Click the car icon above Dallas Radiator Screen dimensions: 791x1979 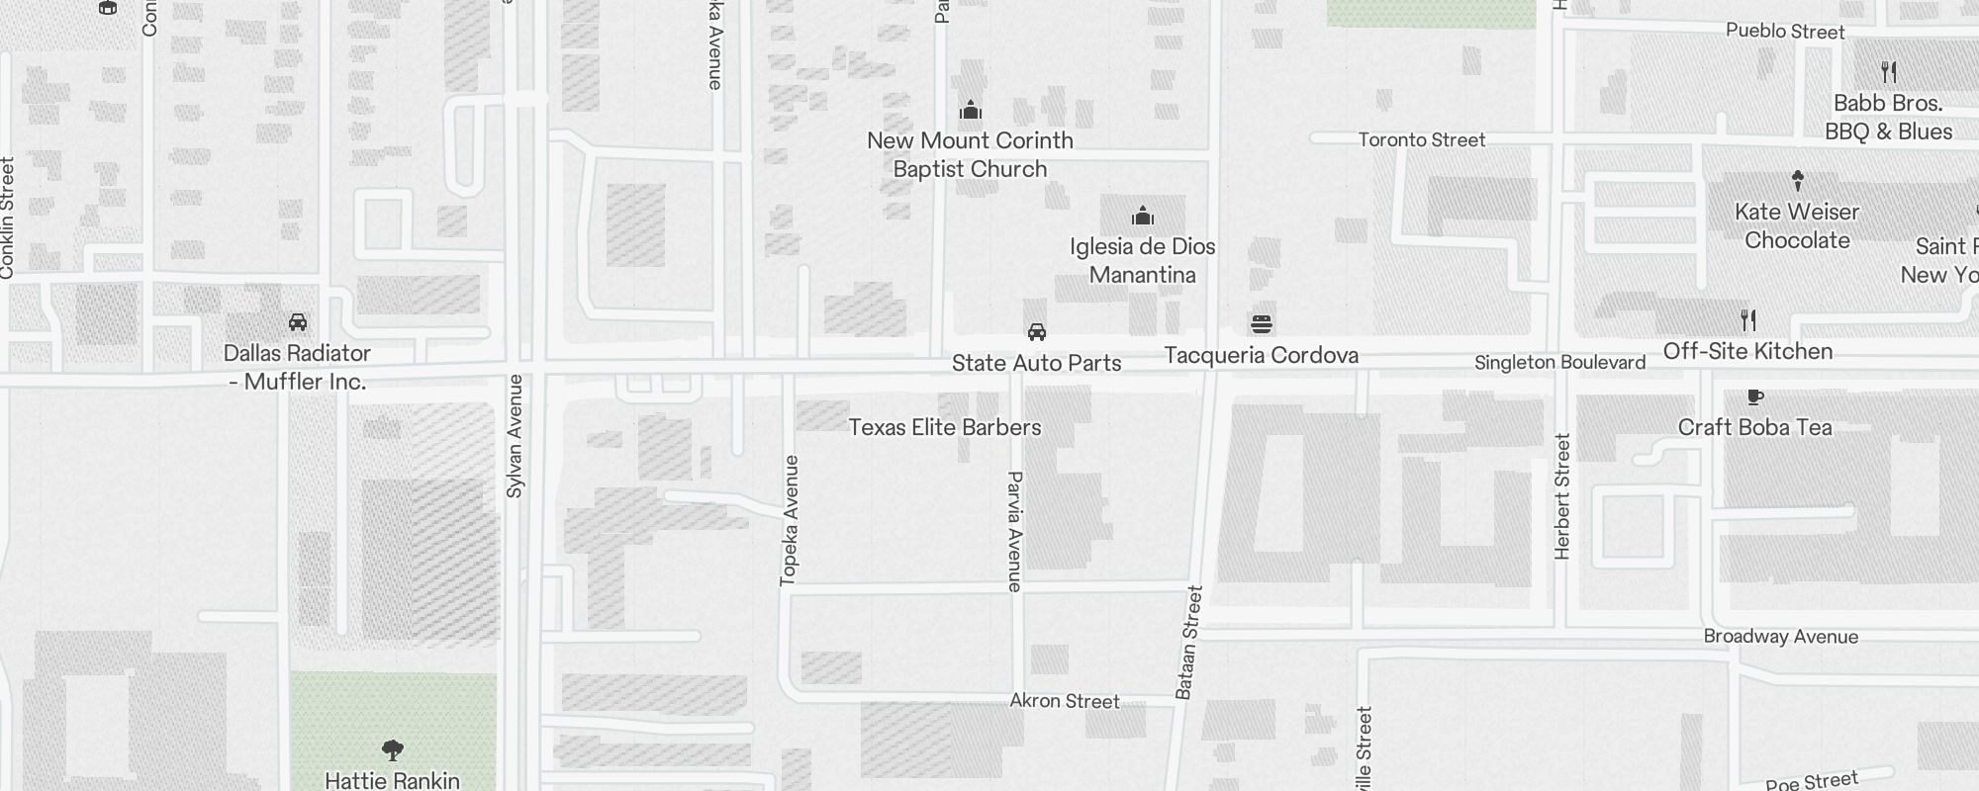(297, 322)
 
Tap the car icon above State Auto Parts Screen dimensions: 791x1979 (1036, 332)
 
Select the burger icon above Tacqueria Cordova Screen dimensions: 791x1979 (1261, 323)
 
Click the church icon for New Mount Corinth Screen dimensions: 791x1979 (971, 110)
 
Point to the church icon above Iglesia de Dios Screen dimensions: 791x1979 (1143, 216)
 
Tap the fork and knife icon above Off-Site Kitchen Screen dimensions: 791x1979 (1748, 320)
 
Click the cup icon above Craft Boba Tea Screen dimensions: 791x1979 (1754, 396)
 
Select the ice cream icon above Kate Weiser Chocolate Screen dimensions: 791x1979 (1797, 181)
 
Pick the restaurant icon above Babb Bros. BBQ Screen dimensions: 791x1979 (1888, 72)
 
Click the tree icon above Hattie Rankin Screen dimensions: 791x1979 (392, 749)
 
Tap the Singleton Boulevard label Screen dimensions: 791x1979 (1559, 363)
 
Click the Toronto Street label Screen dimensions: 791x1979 (1421, 140)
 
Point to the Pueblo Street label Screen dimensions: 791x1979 (1785, 32)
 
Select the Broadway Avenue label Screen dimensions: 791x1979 (1780, 637)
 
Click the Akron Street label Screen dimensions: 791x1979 (1064, 701)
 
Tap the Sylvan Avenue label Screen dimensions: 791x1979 (515, 435)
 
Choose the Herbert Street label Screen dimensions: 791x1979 (1562, 496)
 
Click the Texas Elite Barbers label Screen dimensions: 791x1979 (945, 427)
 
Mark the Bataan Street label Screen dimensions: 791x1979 (1188, 643)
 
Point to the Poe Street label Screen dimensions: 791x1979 (1812, 781)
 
